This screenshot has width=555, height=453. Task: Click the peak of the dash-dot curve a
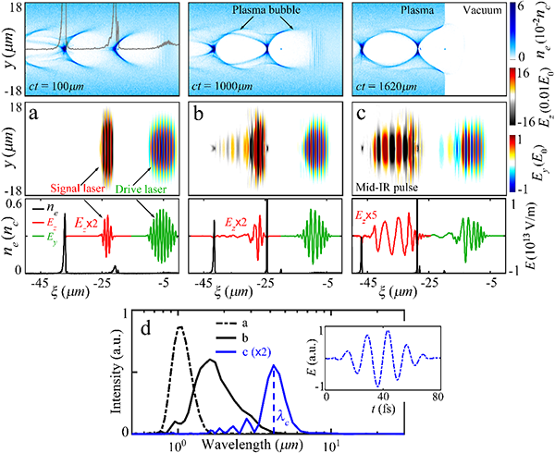pos(181,327)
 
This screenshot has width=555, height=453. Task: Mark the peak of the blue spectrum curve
pos(274,366)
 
